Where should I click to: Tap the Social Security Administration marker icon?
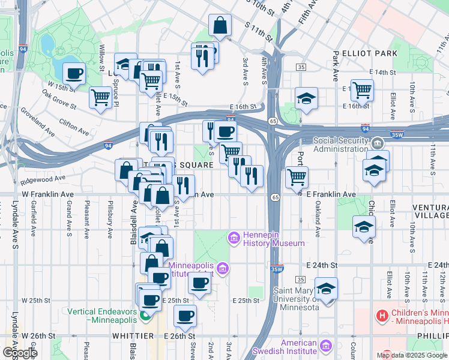coord(378,143)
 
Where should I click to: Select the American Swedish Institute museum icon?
coord(326,346)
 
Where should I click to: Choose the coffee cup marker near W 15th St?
coord(74,74)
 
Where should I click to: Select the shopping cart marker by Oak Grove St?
coord(101,98)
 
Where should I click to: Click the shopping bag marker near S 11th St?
coord(220,25)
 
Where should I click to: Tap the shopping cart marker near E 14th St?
coord(362,90)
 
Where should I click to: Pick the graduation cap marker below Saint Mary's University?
coord(327,289)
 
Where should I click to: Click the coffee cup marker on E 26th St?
coord(185,316)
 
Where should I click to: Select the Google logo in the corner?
coord(19,353)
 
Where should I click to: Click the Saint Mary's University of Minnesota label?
coord(297,299)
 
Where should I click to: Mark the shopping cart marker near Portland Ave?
coord(297,176)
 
